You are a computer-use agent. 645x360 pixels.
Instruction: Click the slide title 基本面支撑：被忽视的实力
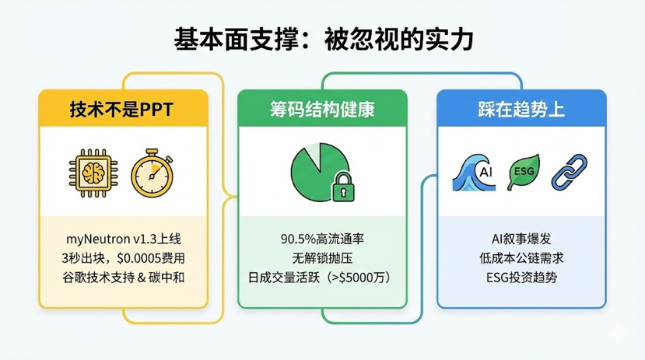click(x=322, y=39)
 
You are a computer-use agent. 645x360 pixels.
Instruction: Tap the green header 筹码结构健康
click(x=322, y=109)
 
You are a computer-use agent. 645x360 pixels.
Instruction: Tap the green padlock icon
click(x=342, y=187)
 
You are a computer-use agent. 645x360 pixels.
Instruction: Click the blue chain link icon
click(x=568, y=170)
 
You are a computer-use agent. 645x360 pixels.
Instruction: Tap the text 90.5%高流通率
click(x=322, y=238)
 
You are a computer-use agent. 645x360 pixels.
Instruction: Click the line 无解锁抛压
click(x=322, y=257)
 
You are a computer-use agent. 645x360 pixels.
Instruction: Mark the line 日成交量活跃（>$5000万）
click(x=322, y=277)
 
